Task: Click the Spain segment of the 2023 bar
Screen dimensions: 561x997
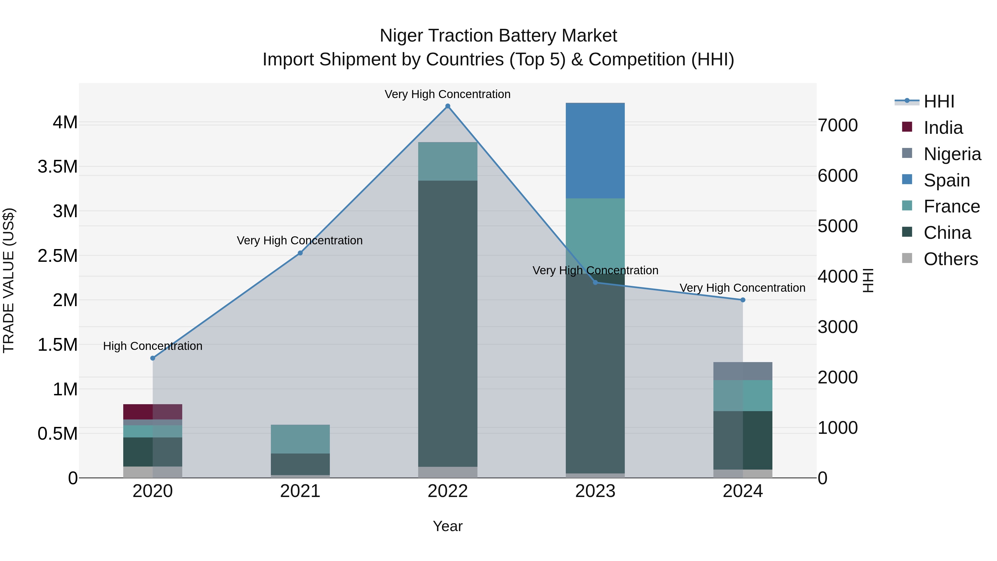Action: [595, 151]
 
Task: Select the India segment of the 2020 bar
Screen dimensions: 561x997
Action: [153, 412]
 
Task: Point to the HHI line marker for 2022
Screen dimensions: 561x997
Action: [448, 106]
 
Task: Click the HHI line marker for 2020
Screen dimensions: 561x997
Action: [153, 358]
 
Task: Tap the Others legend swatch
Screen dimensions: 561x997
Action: [907, 258]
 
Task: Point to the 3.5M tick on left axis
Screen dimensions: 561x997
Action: [58, 167]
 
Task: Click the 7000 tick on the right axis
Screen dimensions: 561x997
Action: [837, 125]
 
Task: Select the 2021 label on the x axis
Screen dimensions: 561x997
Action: [300, 491]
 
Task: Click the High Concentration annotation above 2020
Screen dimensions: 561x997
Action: [153, 346]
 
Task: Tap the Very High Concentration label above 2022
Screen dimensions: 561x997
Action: [448, 94]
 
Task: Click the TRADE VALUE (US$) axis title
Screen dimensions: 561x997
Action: [9, 280]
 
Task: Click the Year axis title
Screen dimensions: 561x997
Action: [448, 526]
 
